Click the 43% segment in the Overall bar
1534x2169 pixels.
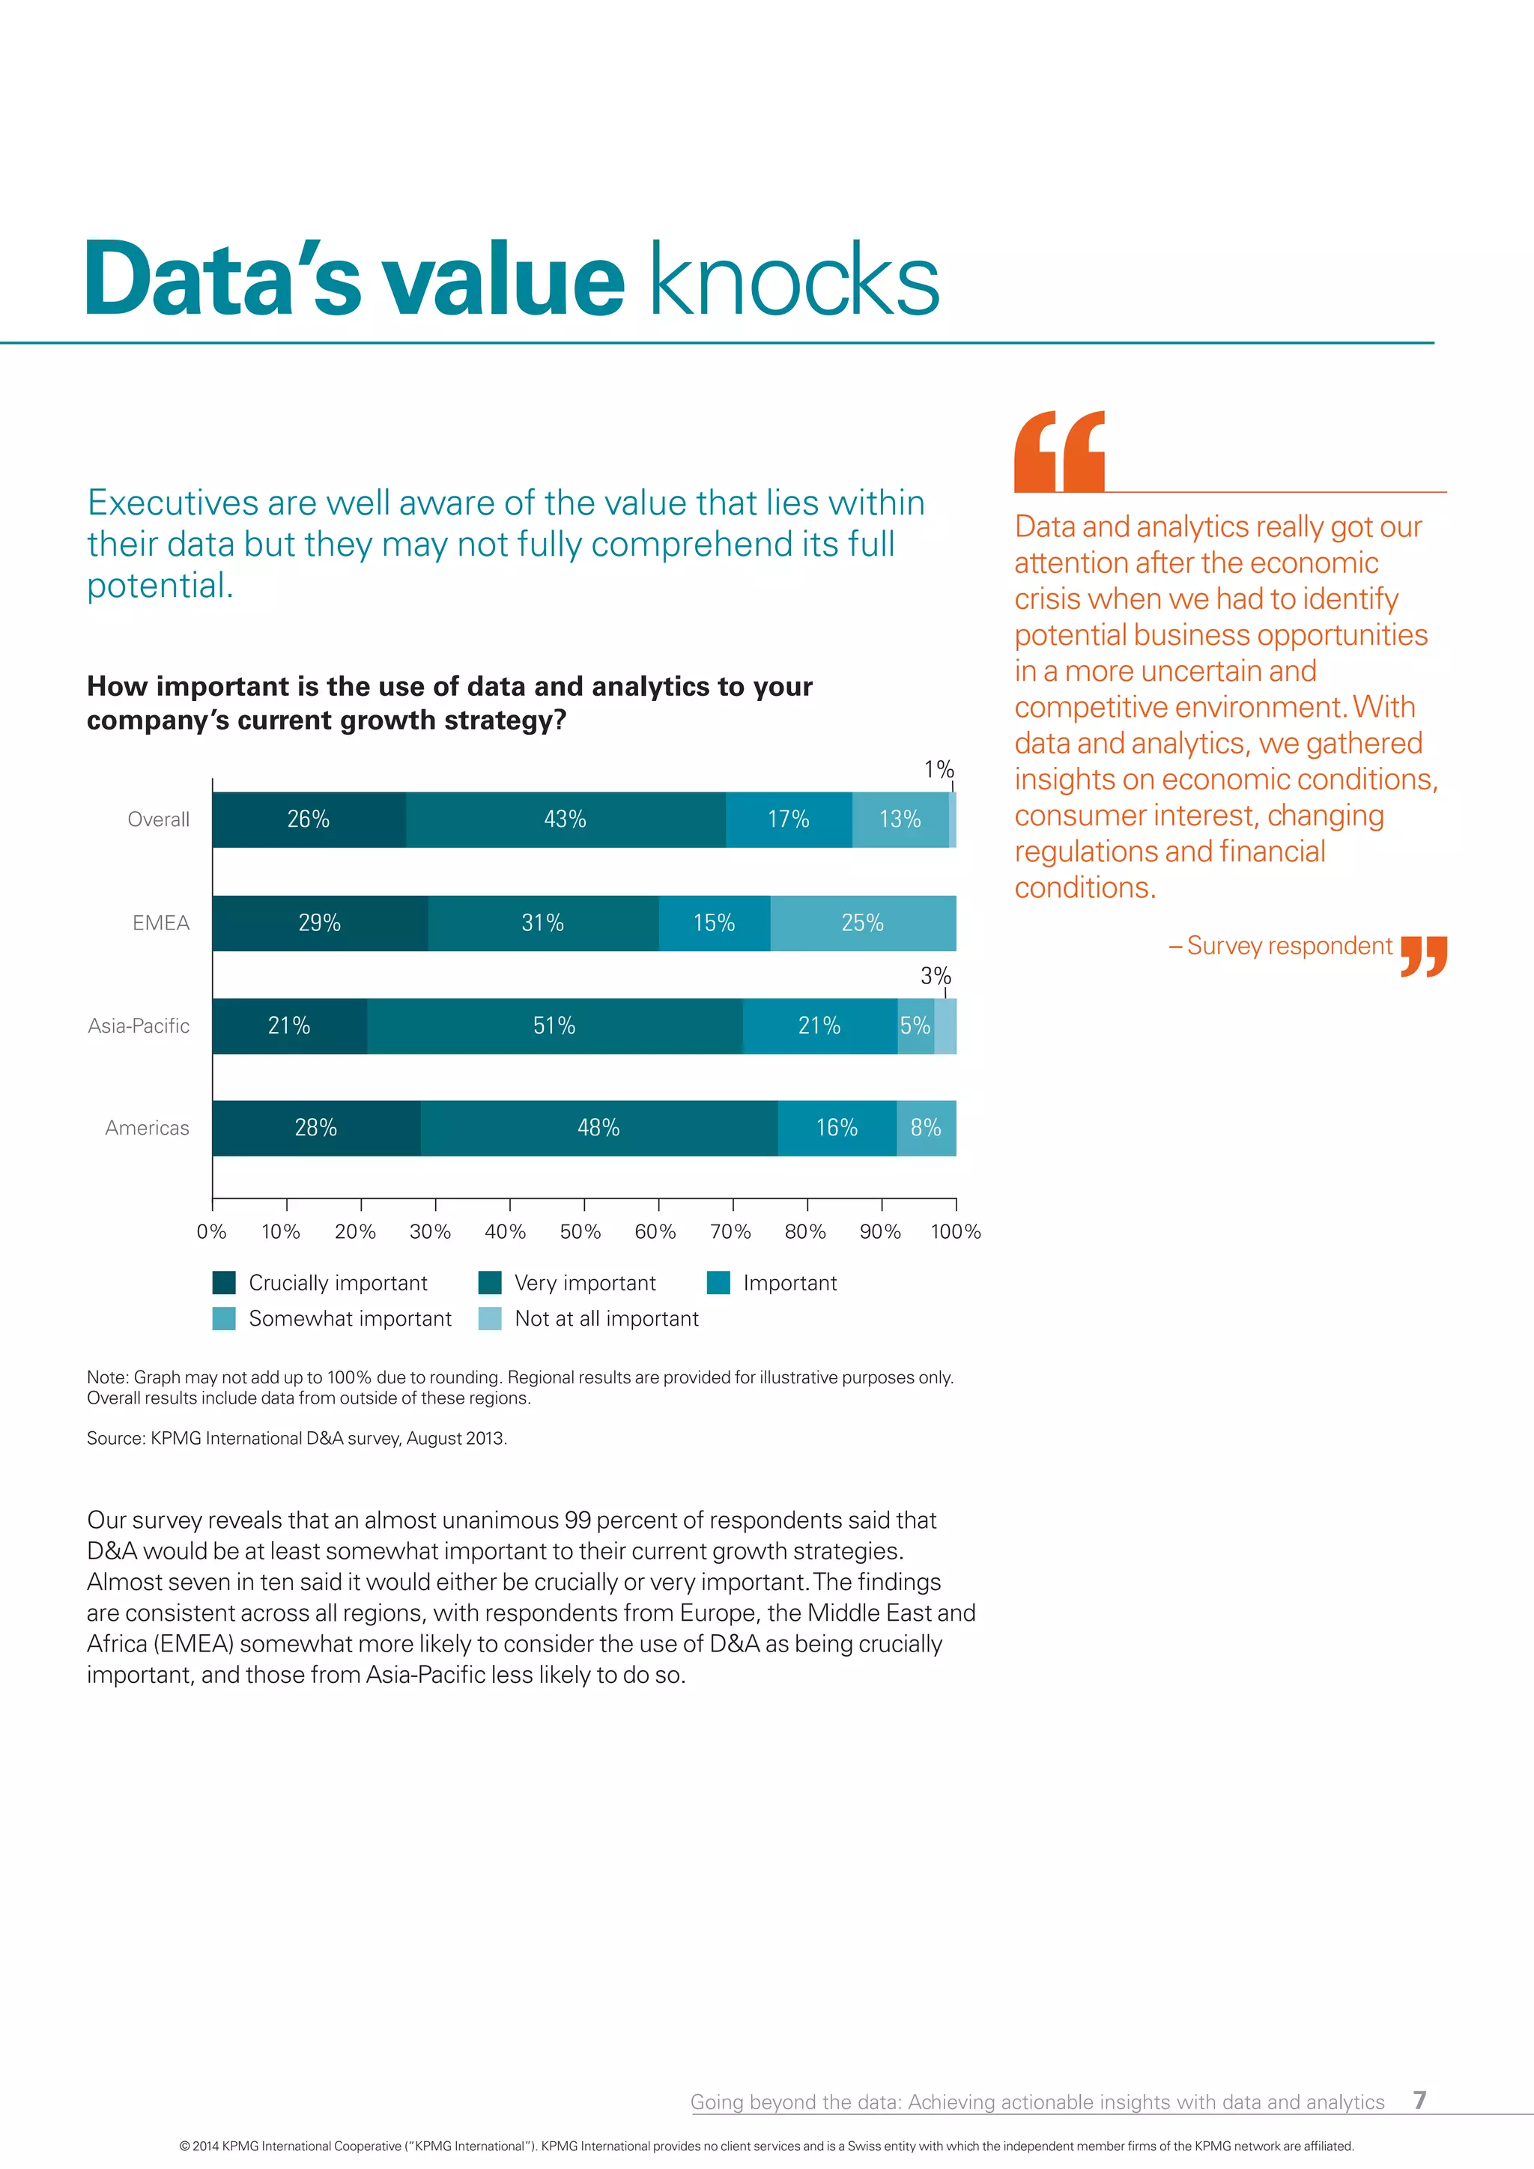[565, 819]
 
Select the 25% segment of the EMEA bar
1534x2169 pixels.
[862, 923]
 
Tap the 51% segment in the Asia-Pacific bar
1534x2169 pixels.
[554, 1026]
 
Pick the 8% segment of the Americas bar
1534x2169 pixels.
[926, 1128]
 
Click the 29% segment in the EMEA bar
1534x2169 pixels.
[319, 923]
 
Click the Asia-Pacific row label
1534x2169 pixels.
[139, 1026]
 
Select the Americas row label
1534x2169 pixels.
[148, 1128]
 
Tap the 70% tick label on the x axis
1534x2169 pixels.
[730, 1232]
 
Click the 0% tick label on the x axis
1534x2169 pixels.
[211, 1232]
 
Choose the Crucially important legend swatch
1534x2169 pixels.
[224, 1283]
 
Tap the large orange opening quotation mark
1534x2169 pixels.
[1059, 452]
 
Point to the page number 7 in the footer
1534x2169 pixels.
[1419, 2100]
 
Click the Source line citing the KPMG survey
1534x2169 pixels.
[297, 1439]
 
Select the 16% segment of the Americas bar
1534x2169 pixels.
[837, 1128]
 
